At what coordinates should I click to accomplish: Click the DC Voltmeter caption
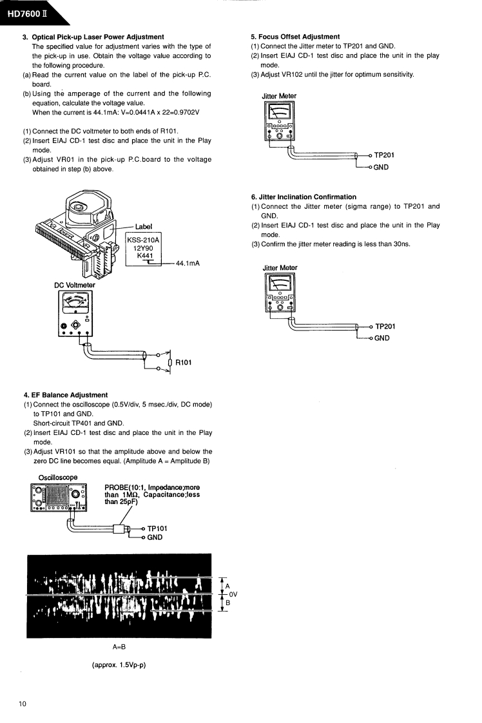click(x=75, y=285)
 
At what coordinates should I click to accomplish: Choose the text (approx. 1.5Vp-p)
click(x=119, y=664)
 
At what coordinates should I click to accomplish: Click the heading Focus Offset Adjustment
click(x=295, y=36)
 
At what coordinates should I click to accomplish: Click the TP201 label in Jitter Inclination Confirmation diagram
click(x=388, y=327)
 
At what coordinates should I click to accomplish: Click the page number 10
click(x=23, y=703)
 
